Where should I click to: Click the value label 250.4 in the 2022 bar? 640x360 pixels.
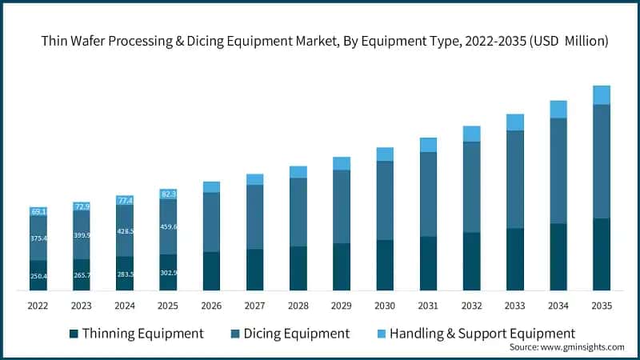point(39,276)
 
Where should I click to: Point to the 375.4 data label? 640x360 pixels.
point(39,238)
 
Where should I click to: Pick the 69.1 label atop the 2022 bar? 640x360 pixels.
point(39,212)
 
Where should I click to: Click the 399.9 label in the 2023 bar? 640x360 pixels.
point(82,235)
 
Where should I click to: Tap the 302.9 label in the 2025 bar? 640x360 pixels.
point(168,273)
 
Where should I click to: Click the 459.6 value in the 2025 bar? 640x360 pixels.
point(168,226)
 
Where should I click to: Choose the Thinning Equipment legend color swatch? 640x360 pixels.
point(74,333)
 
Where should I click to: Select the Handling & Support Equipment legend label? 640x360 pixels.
point(482,333)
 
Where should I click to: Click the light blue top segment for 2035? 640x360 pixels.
point(601,95)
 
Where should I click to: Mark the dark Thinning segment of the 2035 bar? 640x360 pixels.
point(601,254)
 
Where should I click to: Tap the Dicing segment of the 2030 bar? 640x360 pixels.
point(385,200)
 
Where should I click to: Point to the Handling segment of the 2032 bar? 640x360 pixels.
point(471,134)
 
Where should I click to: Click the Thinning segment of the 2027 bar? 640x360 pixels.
point(254,270)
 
